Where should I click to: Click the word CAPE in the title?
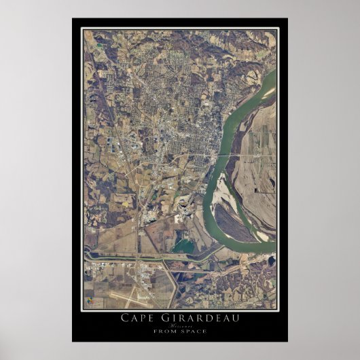pos(138,317)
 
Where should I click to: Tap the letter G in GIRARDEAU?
pos(162,317)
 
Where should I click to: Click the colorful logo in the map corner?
pos(89,298)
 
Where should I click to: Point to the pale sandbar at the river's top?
pos(269,91)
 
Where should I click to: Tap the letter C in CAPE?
pos(124,317)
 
